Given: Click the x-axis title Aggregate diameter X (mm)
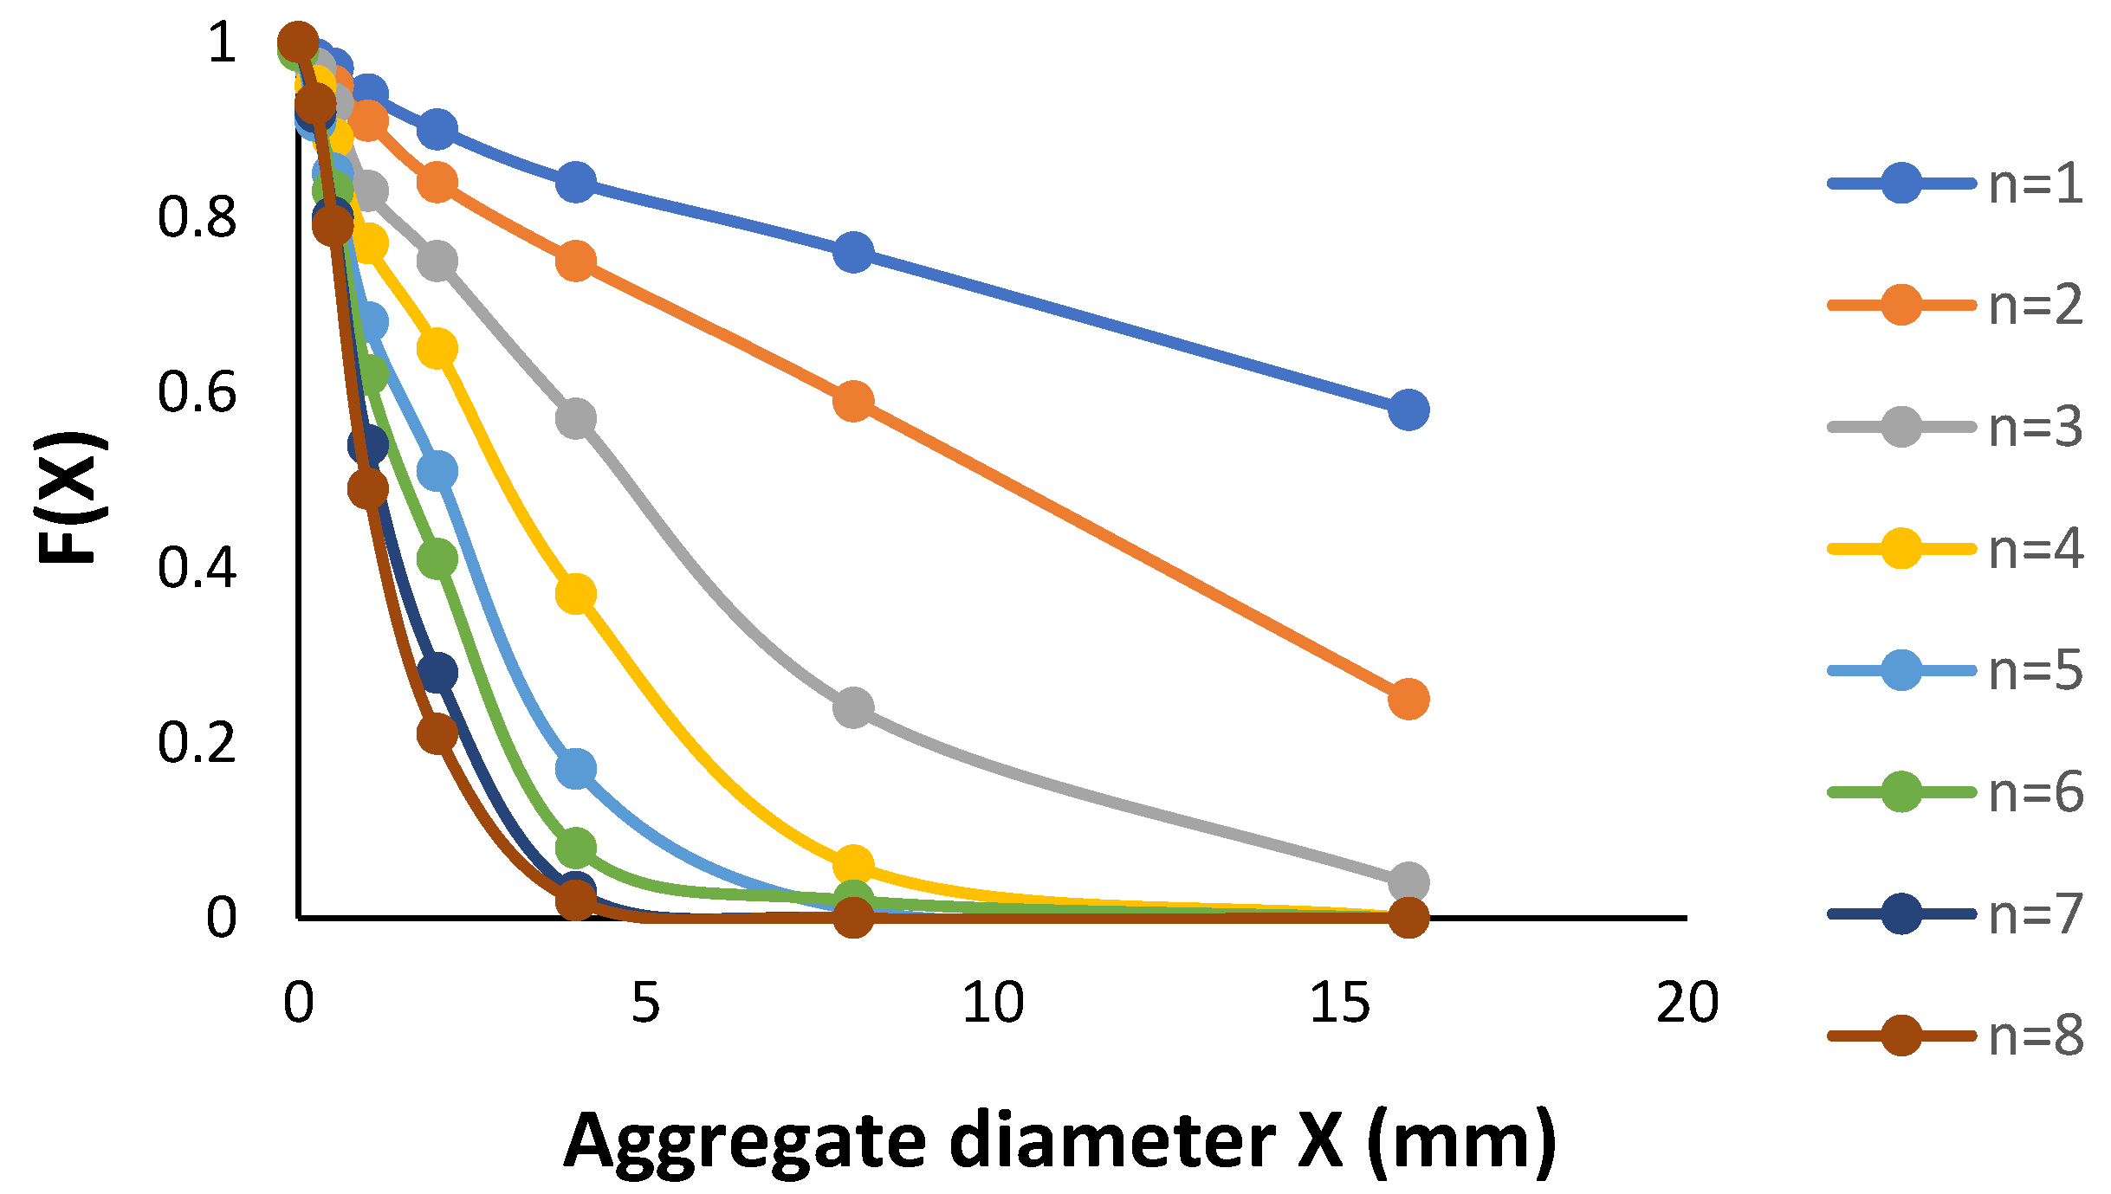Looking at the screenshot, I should point(1059,1141).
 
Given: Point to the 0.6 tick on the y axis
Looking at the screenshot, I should point(197,392).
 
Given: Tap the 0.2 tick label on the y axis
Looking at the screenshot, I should point(197,742).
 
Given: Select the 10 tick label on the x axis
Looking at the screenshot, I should point(993,1003).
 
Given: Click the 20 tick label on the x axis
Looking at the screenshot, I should point(1687,1003).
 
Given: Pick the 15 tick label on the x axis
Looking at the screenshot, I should point(1339,1003).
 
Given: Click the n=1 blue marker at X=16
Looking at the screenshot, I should point(1408,410).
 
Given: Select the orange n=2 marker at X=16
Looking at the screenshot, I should point(1408,699).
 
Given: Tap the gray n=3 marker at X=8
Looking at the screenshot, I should point(853,708).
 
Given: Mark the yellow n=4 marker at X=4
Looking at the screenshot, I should point(576,594).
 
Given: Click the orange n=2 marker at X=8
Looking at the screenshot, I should point(853,402).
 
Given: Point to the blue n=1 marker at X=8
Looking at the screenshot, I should point(853,252).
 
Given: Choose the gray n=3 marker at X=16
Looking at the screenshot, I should point(1408,882).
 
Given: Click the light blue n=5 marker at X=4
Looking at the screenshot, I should point(576,769).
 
